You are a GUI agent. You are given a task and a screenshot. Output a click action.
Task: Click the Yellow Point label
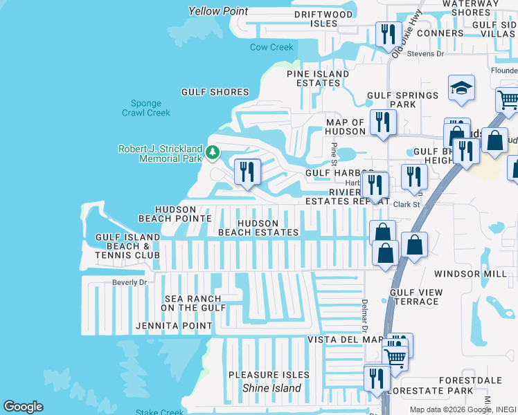[218, 11]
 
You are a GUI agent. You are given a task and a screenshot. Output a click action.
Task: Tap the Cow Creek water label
[271, 47]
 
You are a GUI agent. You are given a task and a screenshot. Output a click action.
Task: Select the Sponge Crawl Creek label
[145, 107]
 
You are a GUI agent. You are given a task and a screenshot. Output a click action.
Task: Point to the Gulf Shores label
[215, 92]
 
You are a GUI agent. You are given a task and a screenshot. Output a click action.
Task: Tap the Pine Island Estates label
[319, 78]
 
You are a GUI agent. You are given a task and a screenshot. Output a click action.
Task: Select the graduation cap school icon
[461, 89]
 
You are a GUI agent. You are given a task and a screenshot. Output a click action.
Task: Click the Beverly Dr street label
[129, 282]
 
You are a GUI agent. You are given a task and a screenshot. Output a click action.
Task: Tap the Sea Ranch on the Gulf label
[193, 303]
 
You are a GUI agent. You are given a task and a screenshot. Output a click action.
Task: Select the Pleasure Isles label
[269, 375]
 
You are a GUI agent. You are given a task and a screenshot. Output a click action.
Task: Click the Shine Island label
[271, 388]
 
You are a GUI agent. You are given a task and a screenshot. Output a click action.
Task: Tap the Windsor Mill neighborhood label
[471, 274]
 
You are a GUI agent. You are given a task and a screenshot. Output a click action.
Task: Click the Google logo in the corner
[23, 407]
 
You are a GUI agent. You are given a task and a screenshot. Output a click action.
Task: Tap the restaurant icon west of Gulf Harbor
[247, 172]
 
